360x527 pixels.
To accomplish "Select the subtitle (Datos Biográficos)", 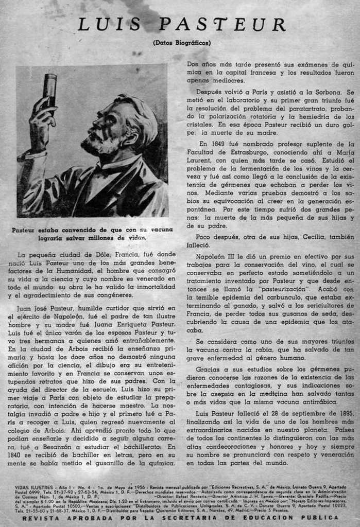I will pyautogui.click(x=182, y=43).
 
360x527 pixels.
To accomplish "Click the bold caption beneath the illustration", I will pyautogui.click(x=92, y=234).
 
